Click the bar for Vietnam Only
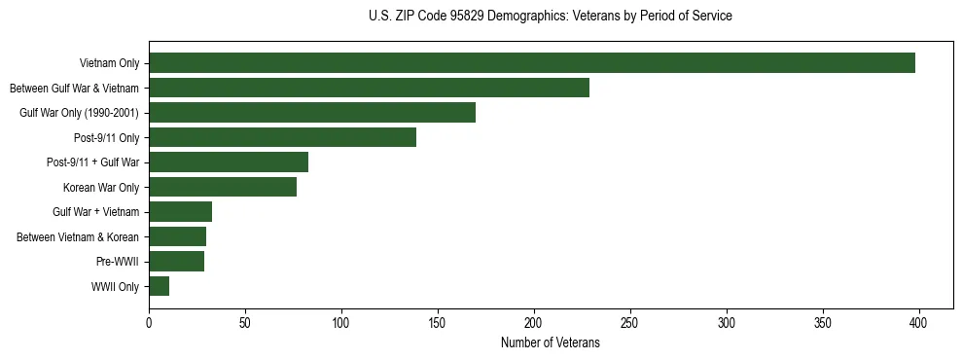532,63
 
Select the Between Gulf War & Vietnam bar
369,88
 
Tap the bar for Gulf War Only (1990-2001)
312,113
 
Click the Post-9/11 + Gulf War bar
229,162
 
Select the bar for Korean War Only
223,187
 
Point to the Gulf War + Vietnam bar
180,212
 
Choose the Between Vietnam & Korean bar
177,236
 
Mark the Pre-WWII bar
176,262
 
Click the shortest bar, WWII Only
159,286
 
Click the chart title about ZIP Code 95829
551,17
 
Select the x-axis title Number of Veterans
551,343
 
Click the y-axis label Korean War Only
101,187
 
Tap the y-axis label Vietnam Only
109,63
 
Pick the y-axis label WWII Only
115,286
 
